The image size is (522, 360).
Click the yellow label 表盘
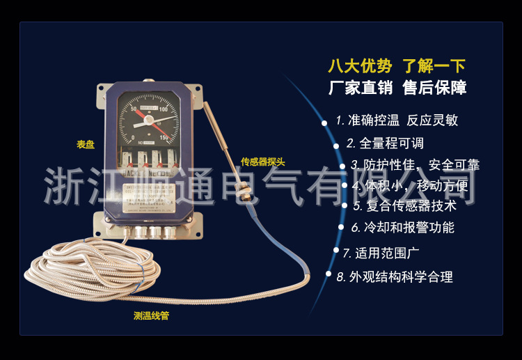click(86, 145)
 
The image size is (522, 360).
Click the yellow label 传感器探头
click(262, 162)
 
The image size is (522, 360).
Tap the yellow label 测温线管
click(151, 315)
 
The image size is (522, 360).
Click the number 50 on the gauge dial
click(134, 109)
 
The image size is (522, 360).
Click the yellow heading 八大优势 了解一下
click(397, 67)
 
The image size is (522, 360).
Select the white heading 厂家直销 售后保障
click(397, 88)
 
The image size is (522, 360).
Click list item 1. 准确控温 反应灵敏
click(397, 120)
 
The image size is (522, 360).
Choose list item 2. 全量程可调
click(385, 143)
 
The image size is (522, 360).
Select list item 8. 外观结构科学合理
click(395, 276)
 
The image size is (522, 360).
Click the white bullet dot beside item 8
click(329, 274)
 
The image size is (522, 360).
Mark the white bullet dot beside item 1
click(324, 123)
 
